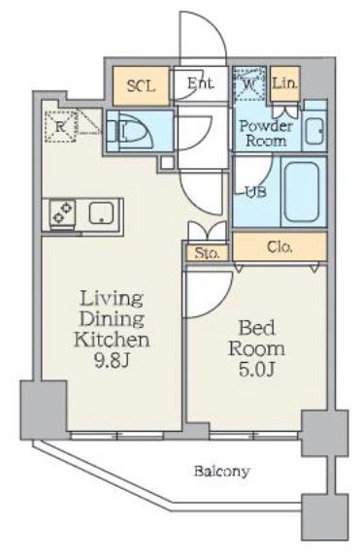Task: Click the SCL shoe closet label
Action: [141, 85]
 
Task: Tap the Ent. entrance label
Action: [201, 83]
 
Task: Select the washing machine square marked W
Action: [249, 84]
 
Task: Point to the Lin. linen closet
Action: [285, 83]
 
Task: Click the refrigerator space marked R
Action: [61, 126]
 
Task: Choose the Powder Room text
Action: [266, 133]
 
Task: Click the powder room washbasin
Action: [313, 131]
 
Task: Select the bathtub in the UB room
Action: [302, 191]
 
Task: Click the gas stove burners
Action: [62, 213]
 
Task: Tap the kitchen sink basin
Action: [102, 213]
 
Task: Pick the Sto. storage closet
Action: [207, 253]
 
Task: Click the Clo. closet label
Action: [280, 246]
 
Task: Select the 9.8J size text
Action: [111, 361]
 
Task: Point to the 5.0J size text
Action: [256, 371]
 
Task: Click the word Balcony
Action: [222, 472]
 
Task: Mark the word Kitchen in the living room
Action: [112, 340]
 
